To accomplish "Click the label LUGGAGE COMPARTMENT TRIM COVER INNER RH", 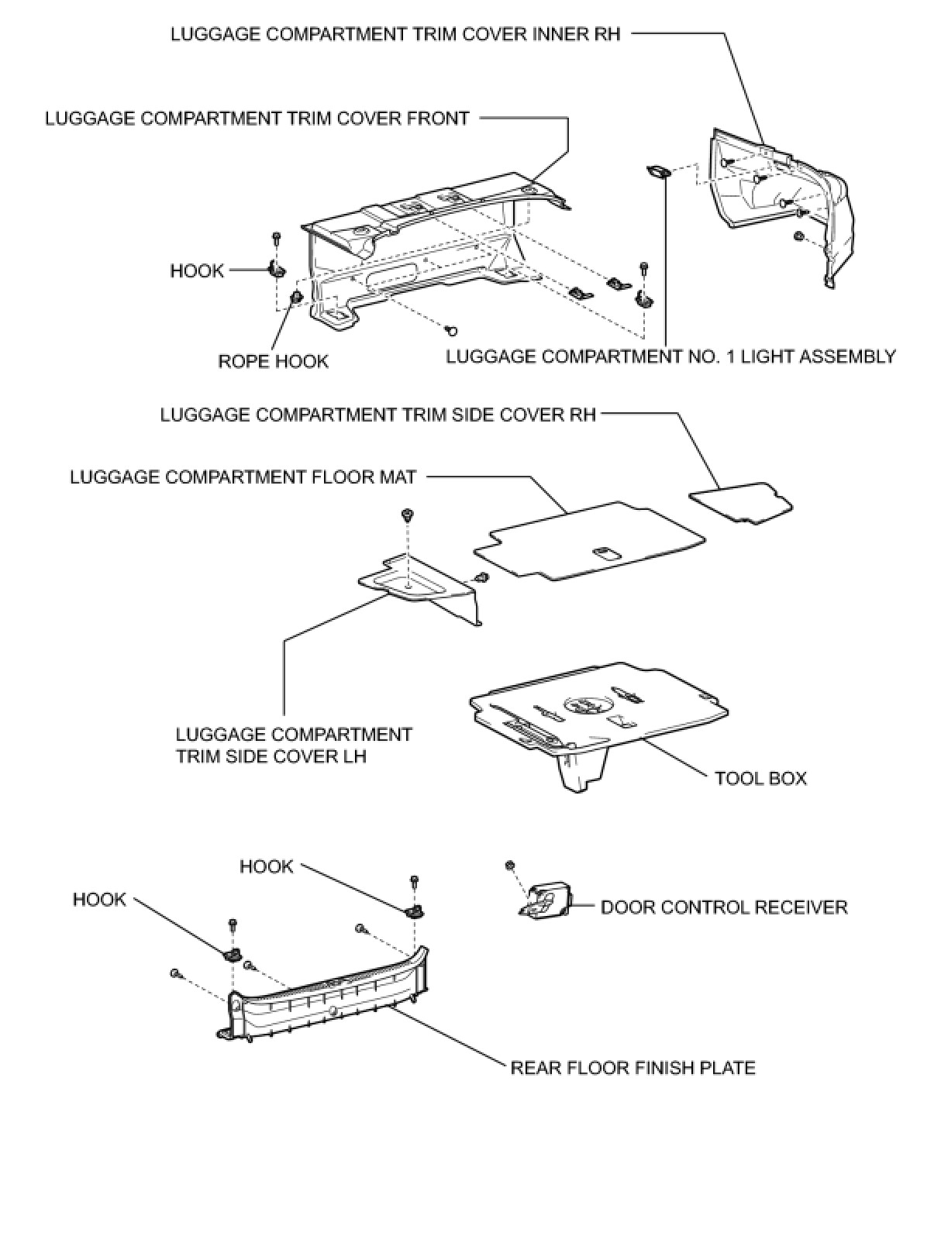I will click(395, 34).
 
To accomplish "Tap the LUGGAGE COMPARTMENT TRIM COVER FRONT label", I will click(257, 119).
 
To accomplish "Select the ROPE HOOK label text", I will click(273, 361).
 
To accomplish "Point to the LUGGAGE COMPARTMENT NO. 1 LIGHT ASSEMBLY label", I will click(670, 356).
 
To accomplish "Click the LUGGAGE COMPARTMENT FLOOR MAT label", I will click(243, 477).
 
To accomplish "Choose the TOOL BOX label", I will click(760, 778).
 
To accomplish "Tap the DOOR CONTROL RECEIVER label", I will click(724, 907).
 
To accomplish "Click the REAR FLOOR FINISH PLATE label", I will click(633, 1068).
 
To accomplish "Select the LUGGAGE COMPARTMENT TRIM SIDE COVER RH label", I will click(378, 415).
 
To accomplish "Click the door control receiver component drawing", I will click(546, 901).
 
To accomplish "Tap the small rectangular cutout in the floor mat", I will click(605, 553).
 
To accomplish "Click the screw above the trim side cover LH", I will click(406, 515).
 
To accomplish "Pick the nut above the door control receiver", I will click(509, 865).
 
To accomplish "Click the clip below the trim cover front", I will click(451, 332).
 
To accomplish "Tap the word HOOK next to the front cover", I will click(197, 270).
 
